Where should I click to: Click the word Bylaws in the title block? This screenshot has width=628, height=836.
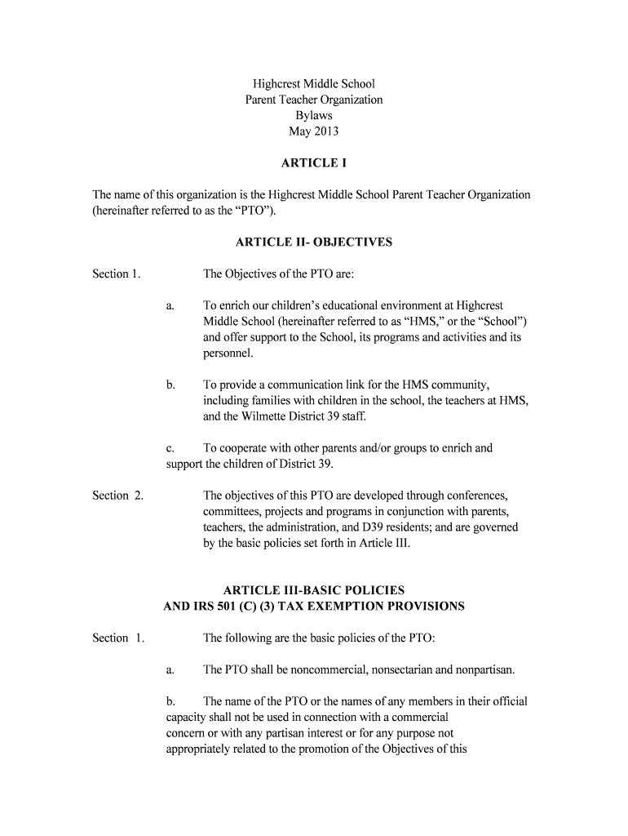pos(314,115)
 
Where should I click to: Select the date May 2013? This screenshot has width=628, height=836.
pos(314,131)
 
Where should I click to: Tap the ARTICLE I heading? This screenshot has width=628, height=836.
pos(314,163)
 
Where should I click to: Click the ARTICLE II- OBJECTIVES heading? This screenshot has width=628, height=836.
pos(314,242)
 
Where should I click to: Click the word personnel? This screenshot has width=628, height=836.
pos(228,354)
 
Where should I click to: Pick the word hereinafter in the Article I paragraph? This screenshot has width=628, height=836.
pos(125,211)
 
